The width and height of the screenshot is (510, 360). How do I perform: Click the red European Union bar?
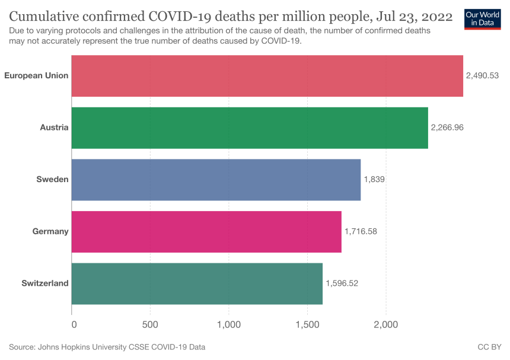point(267,76)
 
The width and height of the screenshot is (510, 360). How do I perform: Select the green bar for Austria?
point(249,128)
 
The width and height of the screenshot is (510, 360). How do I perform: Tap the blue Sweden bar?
point(216,180)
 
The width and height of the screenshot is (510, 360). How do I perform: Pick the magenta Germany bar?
point(206,231)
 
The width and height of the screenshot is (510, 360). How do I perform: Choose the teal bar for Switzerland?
point(197,283)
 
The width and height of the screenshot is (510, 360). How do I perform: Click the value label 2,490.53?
point(483,76)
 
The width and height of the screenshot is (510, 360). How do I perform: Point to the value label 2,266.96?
point(447,128)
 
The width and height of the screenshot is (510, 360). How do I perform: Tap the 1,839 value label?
point(374,180)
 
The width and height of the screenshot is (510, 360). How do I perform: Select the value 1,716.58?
point(361,231)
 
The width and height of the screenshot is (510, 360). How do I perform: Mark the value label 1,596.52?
point(342,283)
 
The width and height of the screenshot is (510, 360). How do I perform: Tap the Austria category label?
point(55,128)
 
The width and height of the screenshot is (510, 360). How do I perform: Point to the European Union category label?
point(36,76)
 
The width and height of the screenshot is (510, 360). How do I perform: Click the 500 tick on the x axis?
point(150,324)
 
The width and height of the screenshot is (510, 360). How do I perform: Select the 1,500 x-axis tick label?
point(307,324)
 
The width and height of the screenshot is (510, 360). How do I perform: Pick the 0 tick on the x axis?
point(74,324)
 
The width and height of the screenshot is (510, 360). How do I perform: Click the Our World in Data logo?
point(482,18)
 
